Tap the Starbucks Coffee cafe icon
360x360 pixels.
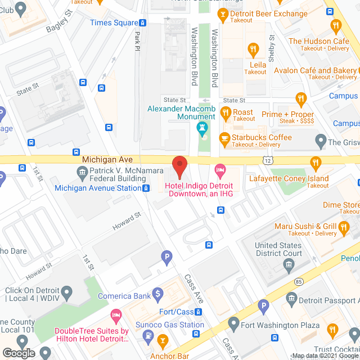click(x=224, y=137)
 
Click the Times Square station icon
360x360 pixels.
click(x=143, y=23)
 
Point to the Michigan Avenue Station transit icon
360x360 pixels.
click(x=146, y=188)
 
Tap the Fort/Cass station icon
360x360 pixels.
click(x=199, y=312)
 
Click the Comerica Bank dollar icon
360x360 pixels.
click(x=159, y=293)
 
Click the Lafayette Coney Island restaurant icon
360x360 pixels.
click(x=316, y=163)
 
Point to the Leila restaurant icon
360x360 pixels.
click(x=253, y=51)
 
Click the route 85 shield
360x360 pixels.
click(x=298, y=281)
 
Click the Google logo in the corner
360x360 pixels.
click(x=18, y=353)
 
